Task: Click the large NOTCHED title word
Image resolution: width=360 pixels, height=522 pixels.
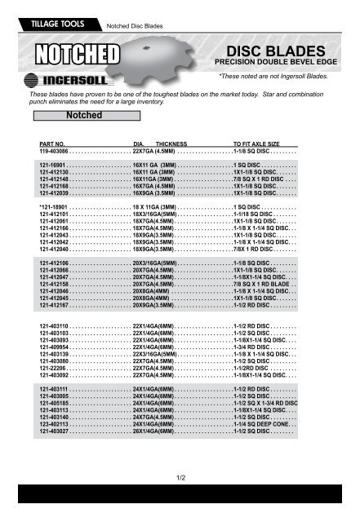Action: click(74, 55)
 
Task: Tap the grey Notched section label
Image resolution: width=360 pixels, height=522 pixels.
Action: click(78, 116)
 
